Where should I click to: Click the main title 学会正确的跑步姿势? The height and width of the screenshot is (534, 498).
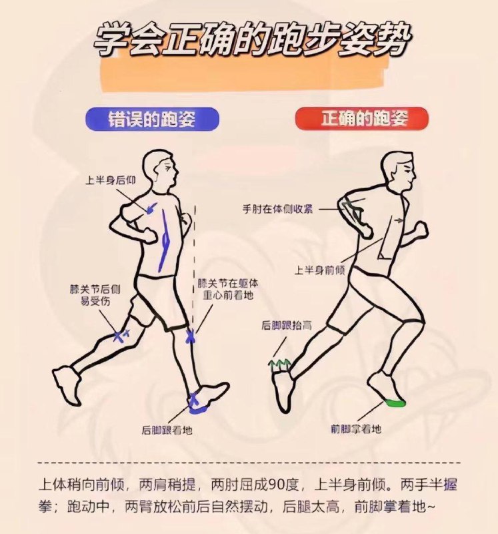click(249, 41)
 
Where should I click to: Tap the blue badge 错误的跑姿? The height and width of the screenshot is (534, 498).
click(152, 119)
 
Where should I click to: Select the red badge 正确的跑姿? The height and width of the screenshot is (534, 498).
click(361, 119)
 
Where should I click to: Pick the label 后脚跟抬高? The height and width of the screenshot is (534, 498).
click(287, 325)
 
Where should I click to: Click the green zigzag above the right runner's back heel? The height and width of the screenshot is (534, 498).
click(281, 364)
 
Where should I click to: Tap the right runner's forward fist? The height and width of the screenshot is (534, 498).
click(421, 230)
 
